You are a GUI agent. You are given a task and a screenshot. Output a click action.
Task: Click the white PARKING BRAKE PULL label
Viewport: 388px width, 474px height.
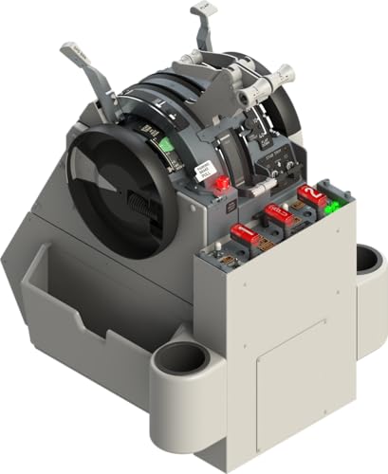pyautogui.click(x=204, y=171)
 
